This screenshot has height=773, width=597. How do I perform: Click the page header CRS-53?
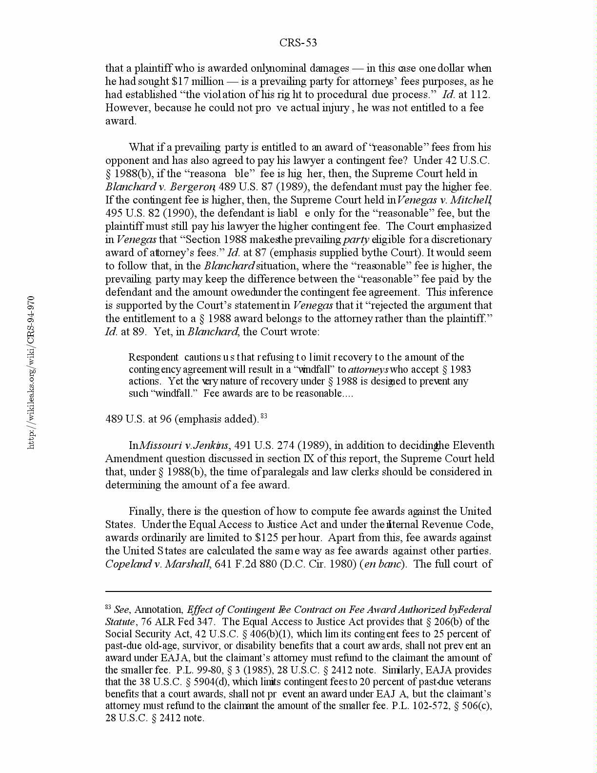tap(298, 43)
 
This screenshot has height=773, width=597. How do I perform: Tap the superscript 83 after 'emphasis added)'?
tap(264, 416)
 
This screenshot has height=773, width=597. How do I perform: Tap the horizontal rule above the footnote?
tap(298, 591)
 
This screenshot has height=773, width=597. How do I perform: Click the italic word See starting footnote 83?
tap(121, 610)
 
